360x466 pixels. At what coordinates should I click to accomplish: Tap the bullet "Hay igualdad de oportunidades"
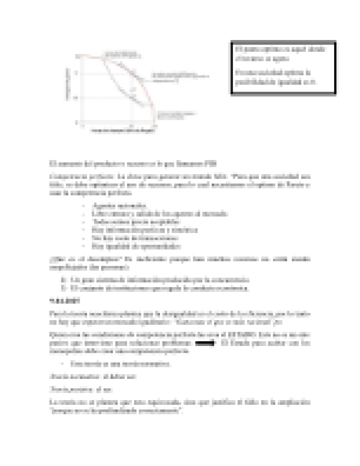point(136,246)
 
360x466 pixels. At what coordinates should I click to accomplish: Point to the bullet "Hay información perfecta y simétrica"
point(144,230)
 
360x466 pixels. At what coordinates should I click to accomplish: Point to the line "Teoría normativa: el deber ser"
point(93,377)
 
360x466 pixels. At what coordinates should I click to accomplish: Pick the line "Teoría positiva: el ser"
point(81,390)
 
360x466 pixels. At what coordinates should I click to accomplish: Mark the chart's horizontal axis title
point(123,130)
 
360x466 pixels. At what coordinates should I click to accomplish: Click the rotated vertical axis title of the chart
point(68,84)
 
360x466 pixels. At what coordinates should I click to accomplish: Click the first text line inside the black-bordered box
point(279,49)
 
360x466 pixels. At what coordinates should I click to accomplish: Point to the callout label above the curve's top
point(121,54)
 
